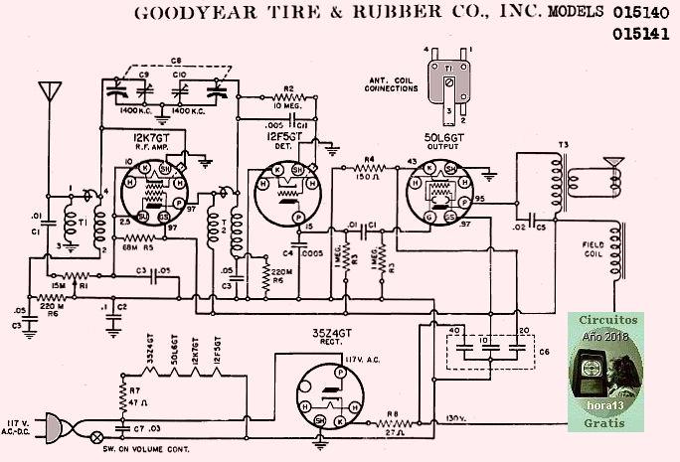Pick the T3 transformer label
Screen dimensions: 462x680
tap(563, 146)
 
